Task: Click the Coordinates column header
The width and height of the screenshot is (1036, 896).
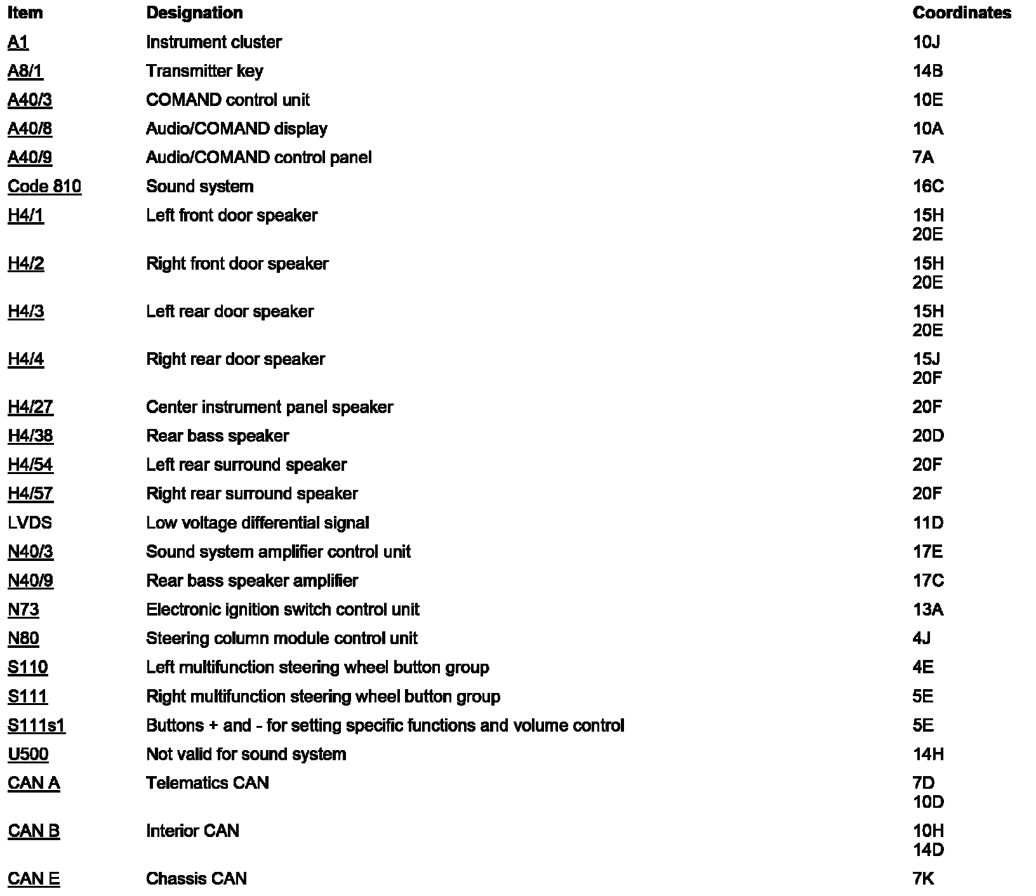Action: point(961,13)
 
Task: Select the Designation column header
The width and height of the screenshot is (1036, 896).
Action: point(194,13)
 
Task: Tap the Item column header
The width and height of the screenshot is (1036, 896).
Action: point(25,13)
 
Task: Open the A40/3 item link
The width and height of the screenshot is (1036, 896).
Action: point(30,100)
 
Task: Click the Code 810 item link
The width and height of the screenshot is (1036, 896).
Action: point(44,187)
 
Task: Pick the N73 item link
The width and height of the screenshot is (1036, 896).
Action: point(23,610)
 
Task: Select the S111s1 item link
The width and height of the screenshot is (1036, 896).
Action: point(36,725)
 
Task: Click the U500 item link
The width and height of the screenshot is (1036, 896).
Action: point(28,754)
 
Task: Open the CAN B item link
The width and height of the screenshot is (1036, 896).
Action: point(34,831)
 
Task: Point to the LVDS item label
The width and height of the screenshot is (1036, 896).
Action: point(30,523)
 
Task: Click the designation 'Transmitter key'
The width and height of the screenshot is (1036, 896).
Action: point(204,71)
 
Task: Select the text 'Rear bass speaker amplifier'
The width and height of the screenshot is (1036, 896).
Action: point(252,581)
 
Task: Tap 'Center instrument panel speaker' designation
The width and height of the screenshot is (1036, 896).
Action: point(269,407)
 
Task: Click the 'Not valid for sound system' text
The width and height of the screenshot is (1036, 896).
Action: point(246,754)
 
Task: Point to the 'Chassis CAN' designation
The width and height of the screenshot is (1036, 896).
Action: point(196,879)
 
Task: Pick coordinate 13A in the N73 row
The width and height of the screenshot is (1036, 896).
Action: point(927,610)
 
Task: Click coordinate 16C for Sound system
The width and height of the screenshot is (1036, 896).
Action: point(927,187)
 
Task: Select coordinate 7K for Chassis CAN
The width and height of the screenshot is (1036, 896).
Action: point(923,879)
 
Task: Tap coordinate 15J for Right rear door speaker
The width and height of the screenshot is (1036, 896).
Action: point(926,359)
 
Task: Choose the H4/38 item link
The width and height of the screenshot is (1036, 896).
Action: point(30,436)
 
